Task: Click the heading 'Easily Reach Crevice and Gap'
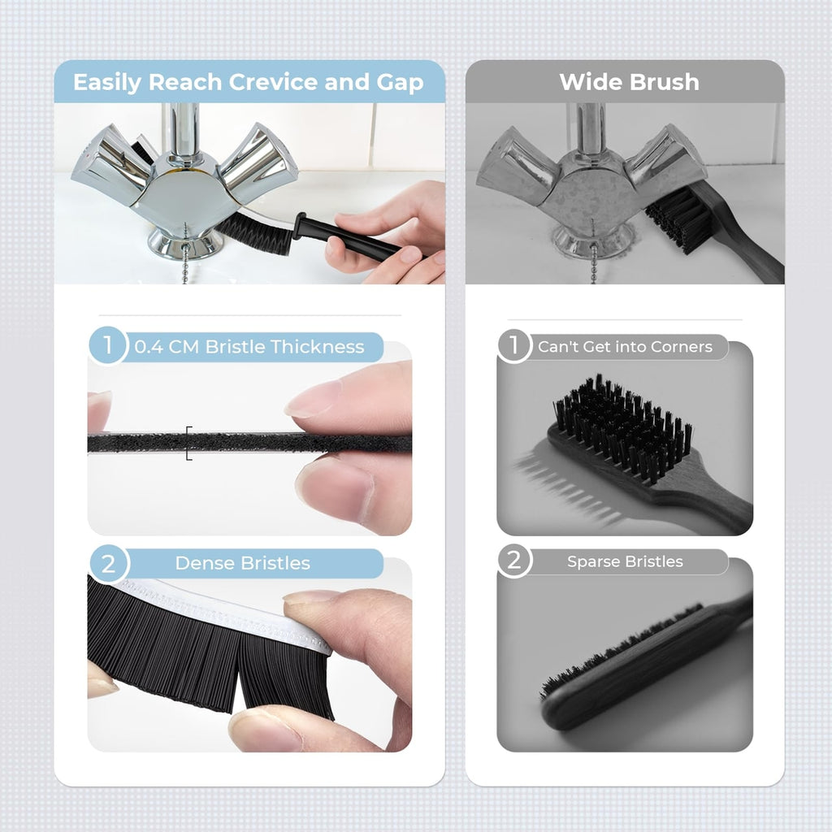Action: click(x=248, y=82)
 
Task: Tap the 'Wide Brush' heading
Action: click(x=629, y=82)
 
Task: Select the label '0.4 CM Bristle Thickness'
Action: click(x=249, y=347)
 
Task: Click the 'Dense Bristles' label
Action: click(x=242, y=563)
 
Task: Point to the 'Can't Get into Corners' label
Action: click(x=625, y=347)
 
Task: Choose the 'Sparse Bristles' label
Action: click(x=625, y=561)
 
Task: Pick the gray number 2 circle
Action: click(x=513, y=561)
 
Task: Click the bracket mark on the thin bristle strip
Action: click(x=188, y=443)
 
